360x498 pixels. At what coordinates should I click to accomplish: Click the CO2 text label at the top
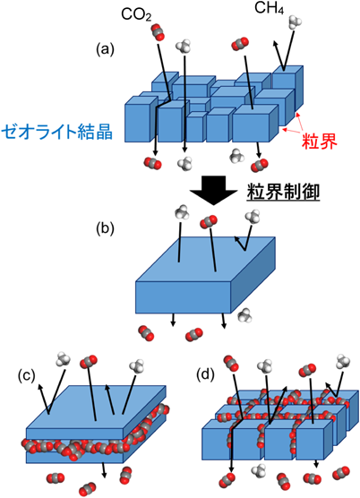[x=136, y=15]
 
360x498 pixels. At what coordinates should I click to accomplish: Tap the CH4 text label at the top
[x=270, y=9]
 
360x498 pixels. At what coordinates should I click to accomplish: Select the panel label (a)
[x=105, y=49]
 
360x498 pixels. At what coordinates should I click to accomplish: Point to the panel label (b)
[x=105, y=228]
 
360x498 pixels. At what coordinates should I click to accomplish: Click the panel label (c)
[x=26, y=375]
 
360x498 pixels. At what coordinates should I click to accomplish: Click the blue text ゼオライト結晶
[x=57, y=132]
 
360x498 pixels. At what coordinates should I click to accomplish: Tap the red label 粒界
[x=319, y=142]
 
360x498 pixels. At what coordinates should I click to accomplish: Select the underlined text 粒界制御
[x=283, y=193]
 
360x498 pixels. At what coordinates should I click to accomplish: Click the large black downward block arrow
[x=213, y=190]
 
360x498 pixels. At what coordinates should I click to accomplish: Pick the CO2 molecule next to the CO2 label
[x=158, y=32]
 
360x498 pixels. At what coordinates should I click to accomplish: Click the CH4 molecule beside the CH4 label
[x=295, y=21]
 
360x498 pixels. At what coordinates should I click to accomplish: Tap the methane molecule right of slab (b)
[x=244, y=315]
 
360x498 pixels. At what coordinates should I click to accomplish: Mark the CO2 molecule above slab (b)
[x=209, y=222]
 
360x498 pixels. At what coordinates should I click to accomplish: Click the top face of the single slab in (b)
[x=205, y=259]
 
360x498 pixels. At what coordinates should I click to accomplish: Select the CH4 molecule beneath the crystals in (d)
[x=259, y=471]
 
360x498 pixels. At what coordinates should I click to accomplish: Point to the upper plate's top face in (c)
[x=96, y=408]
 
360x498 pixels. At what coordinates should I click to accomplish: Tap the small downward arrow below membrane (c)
[x=104, y=470]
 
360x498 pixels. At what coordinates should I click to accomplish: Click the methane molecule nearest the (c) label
[x=63, y=359]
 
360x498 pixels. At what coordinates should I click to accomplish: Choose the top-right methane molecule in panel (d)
[x=343, y=361]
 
